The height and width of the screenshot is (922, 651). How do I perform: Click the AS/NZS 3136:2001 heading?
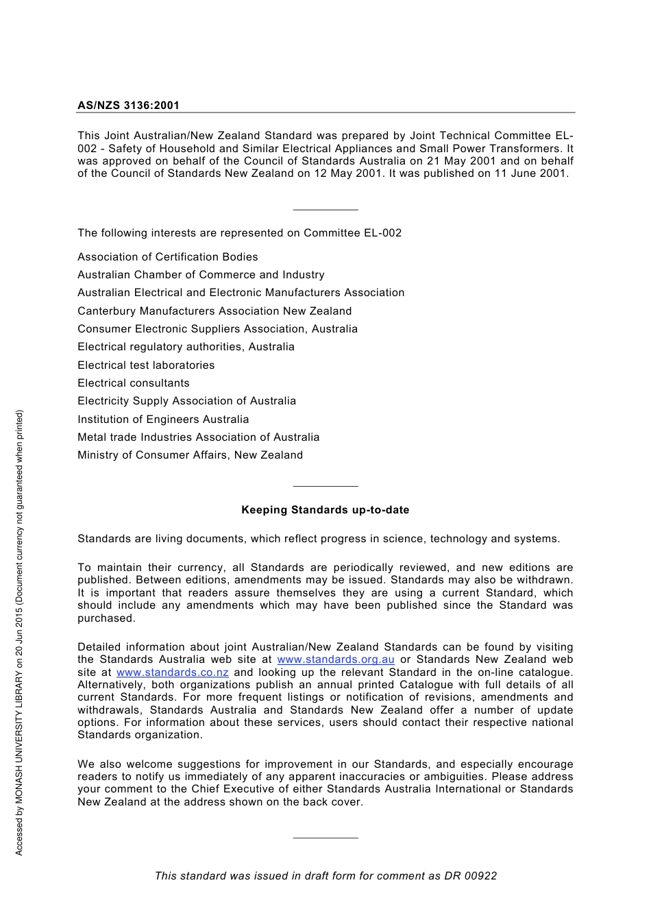[x=128, y=106]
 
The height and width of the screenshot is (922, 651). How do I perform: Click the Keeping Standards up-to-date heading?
[x=325, y=510]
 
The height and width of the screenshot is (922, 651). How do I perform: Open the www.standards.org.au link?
[x=335, y=659]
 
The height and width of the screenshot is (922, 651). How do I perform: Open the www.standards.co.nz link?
[x=172, y=672]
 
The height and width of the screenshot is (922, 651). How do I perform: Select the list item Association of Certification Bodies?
[x=167, y=257]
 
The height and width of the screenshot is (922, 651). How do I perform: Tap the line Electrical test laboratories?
[x=146, y=365]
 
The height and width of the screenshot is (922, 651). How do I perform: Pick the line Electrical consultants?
[x=134, y=383]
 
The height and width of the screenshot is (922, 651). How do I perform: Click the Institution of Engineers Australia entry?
[x=163, y=420]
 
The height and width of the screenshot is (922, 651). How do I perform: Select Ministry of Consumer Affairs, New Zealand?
[x=190, y=455]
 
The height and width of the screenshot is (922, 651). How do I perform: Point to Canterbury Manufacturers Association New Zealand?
[x=214, y=311]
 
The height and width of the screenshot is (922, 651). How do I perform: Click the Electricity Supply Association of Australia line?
[x=186, y=401]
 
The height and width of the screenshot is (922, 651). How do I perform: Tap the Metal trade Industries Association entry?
[x=198, y=437]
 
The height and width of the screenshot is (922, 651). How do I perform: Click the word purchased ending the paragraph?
[x=106, y=618]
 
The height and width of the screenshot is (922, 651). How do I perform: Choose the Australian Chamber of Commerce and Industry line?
[x=201, y=275]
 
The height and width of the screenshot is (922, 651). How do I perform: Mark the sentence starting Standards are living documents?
[x=319, y=539]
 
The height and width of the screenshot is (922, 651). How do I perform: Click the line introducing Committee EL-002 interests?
[x=239, y=233]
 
